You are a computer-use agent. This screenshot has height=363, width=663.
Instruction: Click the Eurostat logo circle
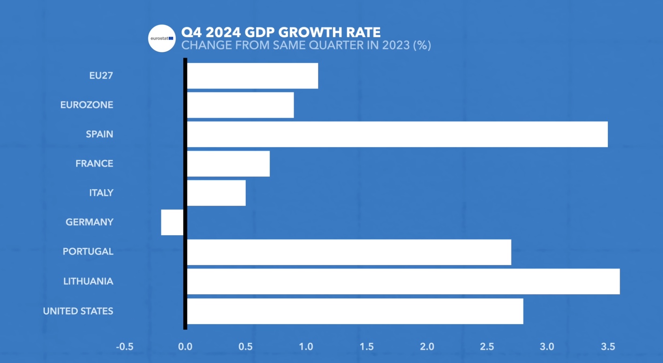click(x=162, y=39)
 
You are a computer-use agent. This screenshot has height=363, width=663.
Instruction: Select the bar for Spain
click(x=397, y=134)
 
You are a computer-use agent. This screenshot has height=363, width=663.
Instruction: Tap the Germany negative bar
click(x=172, y=222)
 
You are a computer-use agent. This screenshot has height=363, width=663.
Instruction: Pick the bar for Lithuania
click(x=403, y=281)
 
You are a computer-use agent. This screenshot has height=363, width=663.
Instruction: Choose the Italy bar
click(x=216, y=193)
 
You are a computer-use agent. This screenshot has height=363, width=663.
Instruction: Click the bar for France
click(x=228, y=164)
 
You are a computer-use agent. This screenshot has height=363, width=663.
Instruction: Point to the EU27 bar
click(x=252, y=76)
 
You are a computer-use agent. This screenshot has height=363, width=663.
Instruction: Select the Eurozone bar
click(x=240, y=105)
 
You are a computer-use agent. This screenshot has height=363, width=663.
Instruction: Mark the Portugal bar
click(x=349, y=252)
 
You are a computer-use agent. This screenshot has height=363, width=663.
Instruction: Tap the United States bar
click(x=355, y=311)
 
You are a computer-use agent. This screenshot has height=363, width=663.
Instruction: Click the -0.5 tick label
click(x=124, y=347)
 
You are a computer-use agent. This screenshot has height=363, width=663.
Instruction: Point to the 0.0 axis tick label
click(x=185, y=347)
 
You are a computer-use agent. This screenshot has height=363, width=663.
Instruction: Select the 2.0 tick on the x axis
click(x=427, y=347)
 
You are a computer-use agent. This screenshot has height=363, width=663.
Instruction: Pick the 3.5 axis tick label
click(x=608, y=347)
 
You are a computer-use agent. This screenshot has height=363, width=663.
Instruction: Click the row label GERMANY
click(x=90, y=222)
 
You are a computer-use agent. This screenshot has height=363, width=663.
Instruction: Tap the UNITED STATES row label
click(x=78, y=311)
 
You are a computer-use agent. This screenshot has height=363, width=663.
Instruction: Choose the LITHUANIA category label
click(x=88, y=281)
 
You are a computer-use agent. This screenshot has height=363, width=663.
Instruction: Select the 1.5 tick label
click(x=367, y=347)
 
